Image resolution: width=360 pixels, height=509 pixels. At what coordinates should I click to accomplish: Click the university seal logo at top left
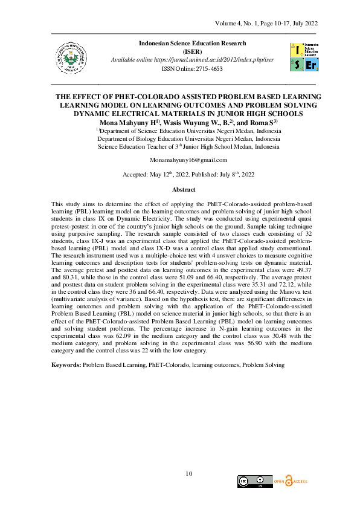pos(67,57)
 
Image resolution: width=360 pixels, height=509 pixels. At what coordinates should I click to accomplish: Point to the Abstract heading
pos(179,190)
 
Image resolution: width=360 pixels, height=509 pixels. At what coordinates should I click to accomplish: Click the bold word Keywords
pos(66,365)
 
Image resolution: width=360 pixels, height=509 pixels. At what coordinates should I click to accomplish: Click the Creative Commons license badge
pos(254,481)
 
